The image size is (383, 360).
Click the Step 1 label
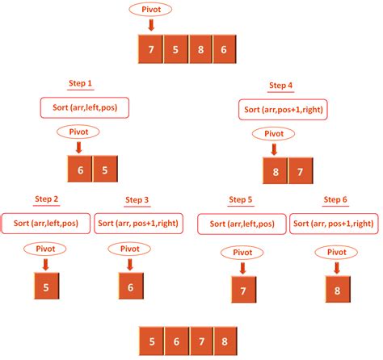(80, 82)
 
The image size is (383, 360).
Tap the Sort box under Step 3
(139, 223)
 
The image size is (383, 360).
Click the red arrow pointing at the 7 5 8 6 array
(151, 26)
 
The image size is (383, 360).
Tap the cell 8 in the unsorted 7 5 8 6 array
(200, 50)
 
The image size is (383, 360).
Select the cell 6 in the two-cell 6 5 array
(79, 169)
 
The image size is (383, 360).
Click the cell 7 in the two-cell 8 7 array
(299, 172)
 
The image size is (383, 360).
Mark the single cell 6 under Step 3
(130, 285)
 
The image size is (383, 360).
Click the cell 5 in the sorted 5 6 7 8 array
(151, 337)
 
